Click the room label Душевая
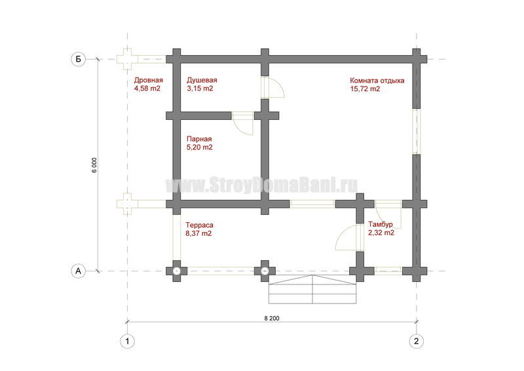202,80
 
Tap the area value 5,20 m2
200,147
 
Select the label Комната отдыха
377,81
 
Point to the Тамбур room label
381,224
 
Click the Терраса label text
199,225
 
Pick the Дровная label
149,80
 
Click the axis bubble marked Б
78,59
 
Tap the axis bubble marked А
78,271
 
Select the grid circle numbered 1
127,342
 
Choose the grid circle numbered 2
416,342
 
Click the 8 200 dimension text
272,319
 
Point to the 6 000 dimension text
94,165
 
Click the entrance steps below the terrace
312,289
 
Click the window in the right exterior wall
416,131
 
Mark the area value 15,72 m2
365,89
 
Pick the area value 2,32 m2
381,233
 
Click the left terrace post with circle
176,271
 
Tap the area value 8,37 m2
198,233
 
